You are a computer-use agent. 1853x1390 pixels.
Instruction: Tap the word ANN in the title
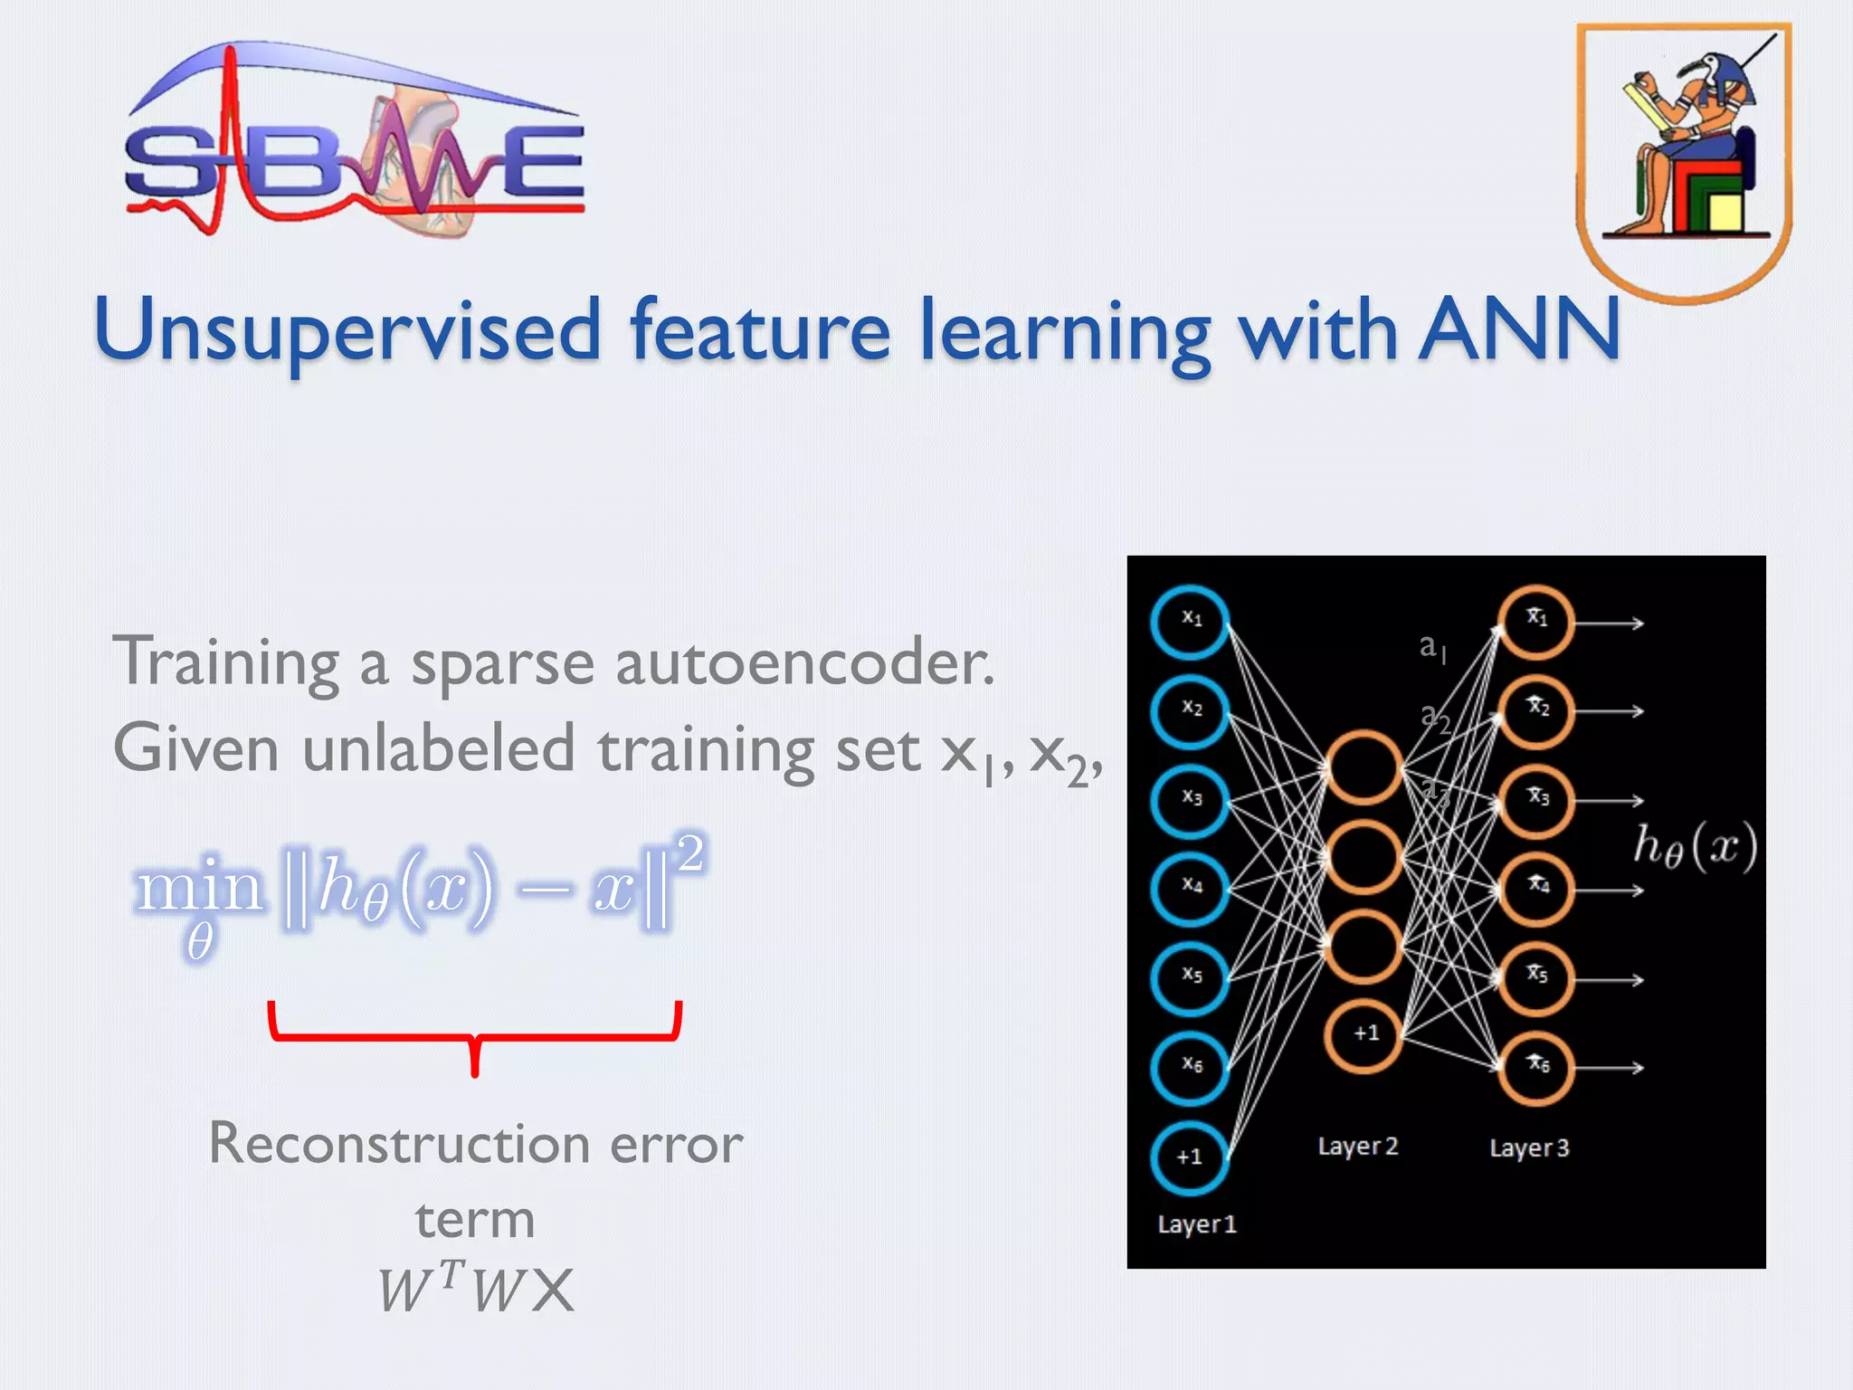(1520, 329)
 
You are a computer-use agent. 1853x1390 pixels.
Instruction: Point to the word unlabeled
(438, 750)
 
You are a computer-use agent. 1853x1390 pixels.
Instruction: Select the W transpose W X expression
(476, 1289)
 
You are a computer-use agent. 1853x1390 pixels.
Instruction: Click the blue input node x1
(1190, 622)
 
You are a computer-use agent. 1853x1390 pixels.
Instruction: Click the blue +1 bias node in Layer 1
(1190, 1157)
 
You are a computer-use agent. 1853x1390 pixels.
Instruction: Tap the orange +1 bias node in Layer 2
(1364, 1034)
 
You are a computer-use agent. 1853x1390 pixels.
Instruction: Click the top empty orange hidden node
(1364, 767)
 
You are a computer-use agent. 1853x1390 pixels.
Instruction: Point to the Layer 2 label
(1358, 1147)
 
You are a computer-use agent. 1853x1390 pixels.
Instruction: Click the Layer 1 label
(1197, 1224)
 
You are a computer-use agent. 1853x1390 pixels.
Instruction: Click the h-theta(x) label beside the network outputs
(1695, 847)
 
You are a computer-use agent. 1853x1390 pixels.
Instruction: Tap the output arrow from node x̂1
(1610, 623)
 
